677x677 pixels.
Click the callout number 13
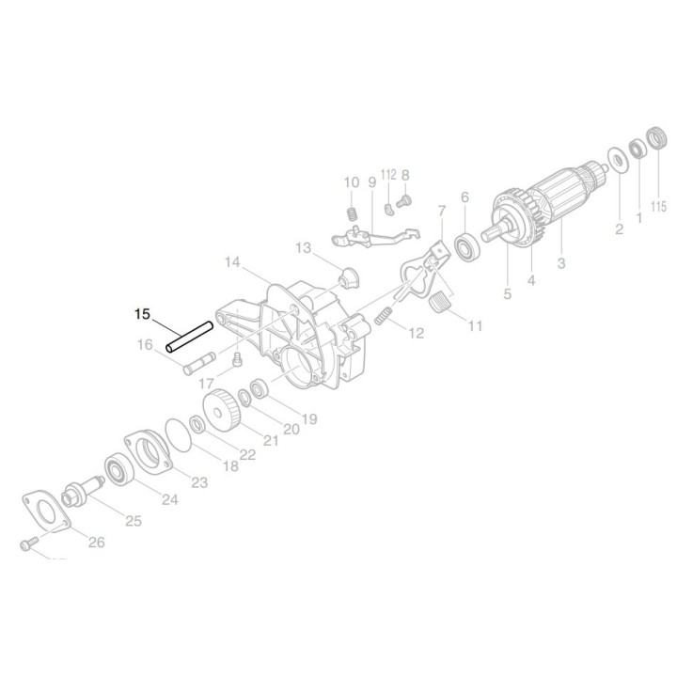[302, 248]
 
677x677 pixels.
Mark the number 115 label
[658, 206]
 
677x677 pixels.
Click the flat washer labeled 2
[620, 160]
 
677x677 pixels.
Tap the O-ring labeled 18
[174, 435]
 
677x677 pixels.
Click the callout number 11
[475, 326]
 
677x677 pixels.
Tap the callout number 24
[168, 498]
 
